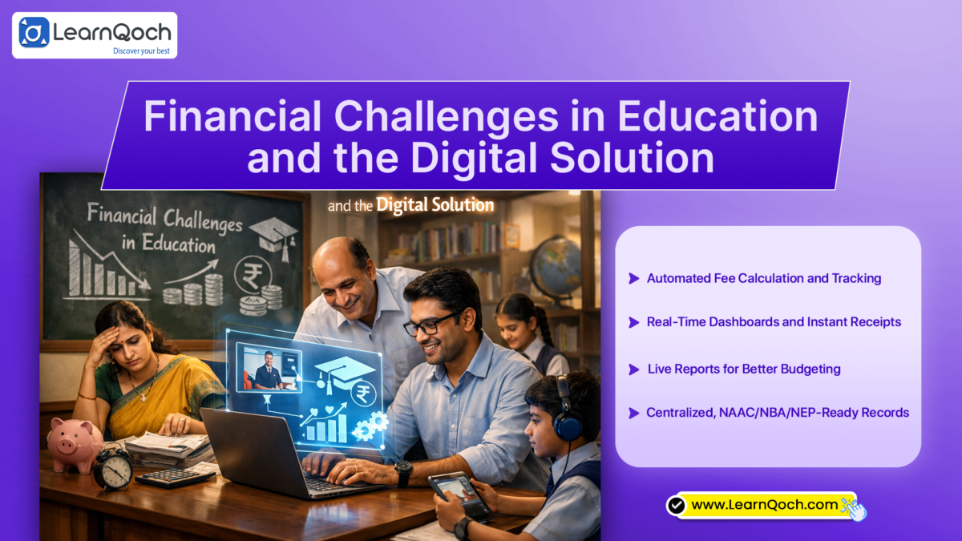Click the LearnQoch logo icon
34,33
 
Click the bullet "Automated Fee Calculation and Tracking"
764,278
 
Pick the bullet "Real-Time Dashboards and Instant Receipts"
774,321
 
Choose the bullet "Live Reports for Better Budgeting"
744,369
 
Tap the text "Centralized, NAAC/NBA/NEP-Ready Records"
778,413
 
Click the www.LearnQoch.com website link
764,505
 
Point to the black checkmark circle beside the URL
677,505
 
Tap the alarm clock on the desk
113,469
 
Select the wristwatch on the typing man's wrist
403,472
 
